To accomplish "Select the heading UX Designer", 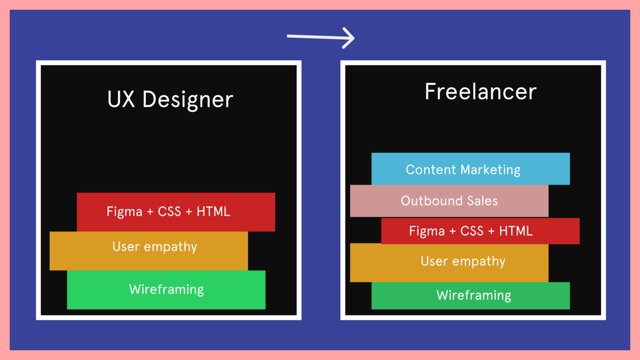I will click(170, 99).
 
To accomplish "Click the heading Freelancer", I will click(480, 92).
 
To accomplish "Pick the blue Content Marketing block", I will click(470, 169).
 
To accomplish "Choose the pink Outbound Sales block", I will click(449, 201).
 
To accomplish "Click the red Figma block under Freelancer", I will click(480, 231).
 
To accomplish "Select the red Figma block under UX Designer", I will click(176, 212).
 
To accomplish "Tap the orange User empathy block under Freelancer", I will click(449, 262).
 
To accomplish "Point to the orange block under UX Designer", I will click(149, 251).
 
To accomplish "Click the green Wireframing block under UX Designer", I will click(166, 290).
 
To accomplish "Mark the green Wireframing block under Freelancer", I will click(470, 296).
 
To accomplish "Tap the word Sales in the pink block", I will click(482, 201).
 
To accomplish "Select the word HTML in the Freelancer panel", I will click(516, 231).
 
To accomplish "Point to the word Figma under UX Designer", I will click(124, 212).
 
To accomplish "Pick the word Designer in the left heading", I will click(188, 100).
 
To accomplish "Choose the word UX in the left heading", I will click(121, 99).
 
